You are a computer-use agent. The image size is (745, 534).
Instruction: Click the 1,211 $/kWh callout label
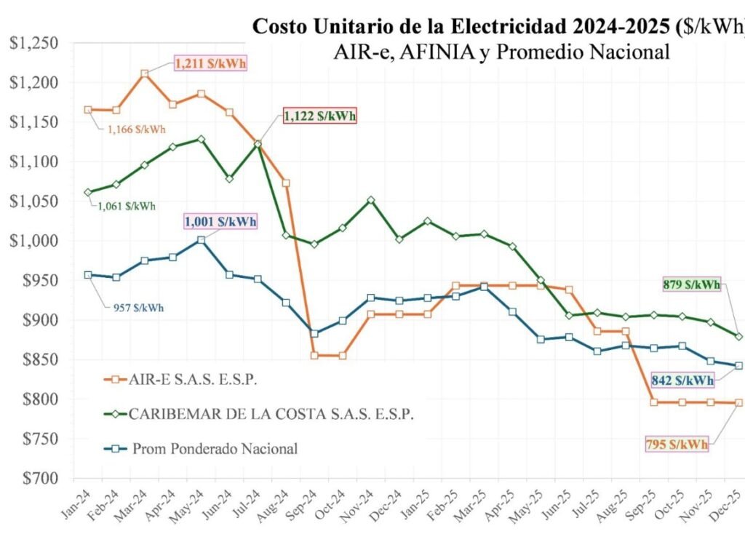(x=210, y=63)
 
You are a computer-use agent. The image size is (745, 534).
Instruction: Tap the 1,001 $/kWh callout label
(x=220, y=221)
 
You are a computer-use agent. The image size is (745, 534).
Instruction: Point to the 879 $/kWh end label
(x=691, y=284)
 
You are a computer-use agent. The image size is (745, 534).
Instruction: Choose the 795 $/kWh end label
(x=676, y=443)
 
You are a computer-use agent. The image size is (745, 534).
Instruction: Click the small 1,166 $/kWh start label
(x=136, y=129)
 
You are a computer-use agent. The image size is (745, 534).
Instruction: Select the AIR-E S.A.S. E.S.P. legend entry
(x=194, y=379)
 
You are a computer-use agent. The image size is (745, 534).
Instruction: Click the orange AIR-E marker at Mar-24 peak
(x=145, y=73)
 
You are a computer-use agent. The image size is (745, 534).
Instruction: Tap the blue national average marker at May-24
(x=201, y=239)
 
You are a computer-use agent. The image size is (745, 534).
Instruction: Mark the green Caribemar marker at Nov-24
(x=371, y=199)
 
